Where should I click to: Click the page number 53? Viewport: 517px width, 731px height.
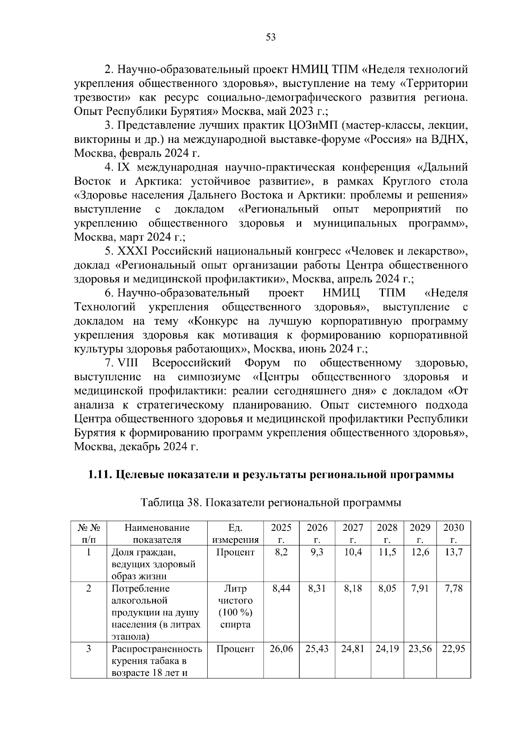pyautogui.click(x=271, y=37)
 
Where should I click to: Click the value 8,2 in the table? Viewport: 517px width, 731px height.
pyautogui.click(x=281, y=552)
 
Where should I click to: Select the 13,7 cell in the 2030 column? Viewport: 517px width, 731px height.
pyautogui.click(x=454, y=552)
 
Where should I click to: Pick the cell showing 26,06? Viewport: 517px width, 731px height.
pyautogui.click(x=281, y=649)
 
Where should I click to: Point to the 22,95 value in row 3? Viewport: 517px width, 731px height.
pyautogui.click(x=454, y=649)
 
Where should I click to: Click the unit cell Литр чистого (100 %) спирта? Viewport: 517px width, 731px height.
pyautogui.click(x=235, y=606)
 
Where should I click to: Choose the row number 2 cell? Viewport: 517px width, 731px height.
pyautogui.click(x=89, y=589)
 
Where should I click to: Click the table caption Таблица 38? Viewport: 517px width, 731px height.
pyautogui.click(x=168, y=503)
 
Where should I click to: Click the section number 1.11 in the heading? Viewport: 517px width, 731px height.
pyautogui.click(x=100, y=475)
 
